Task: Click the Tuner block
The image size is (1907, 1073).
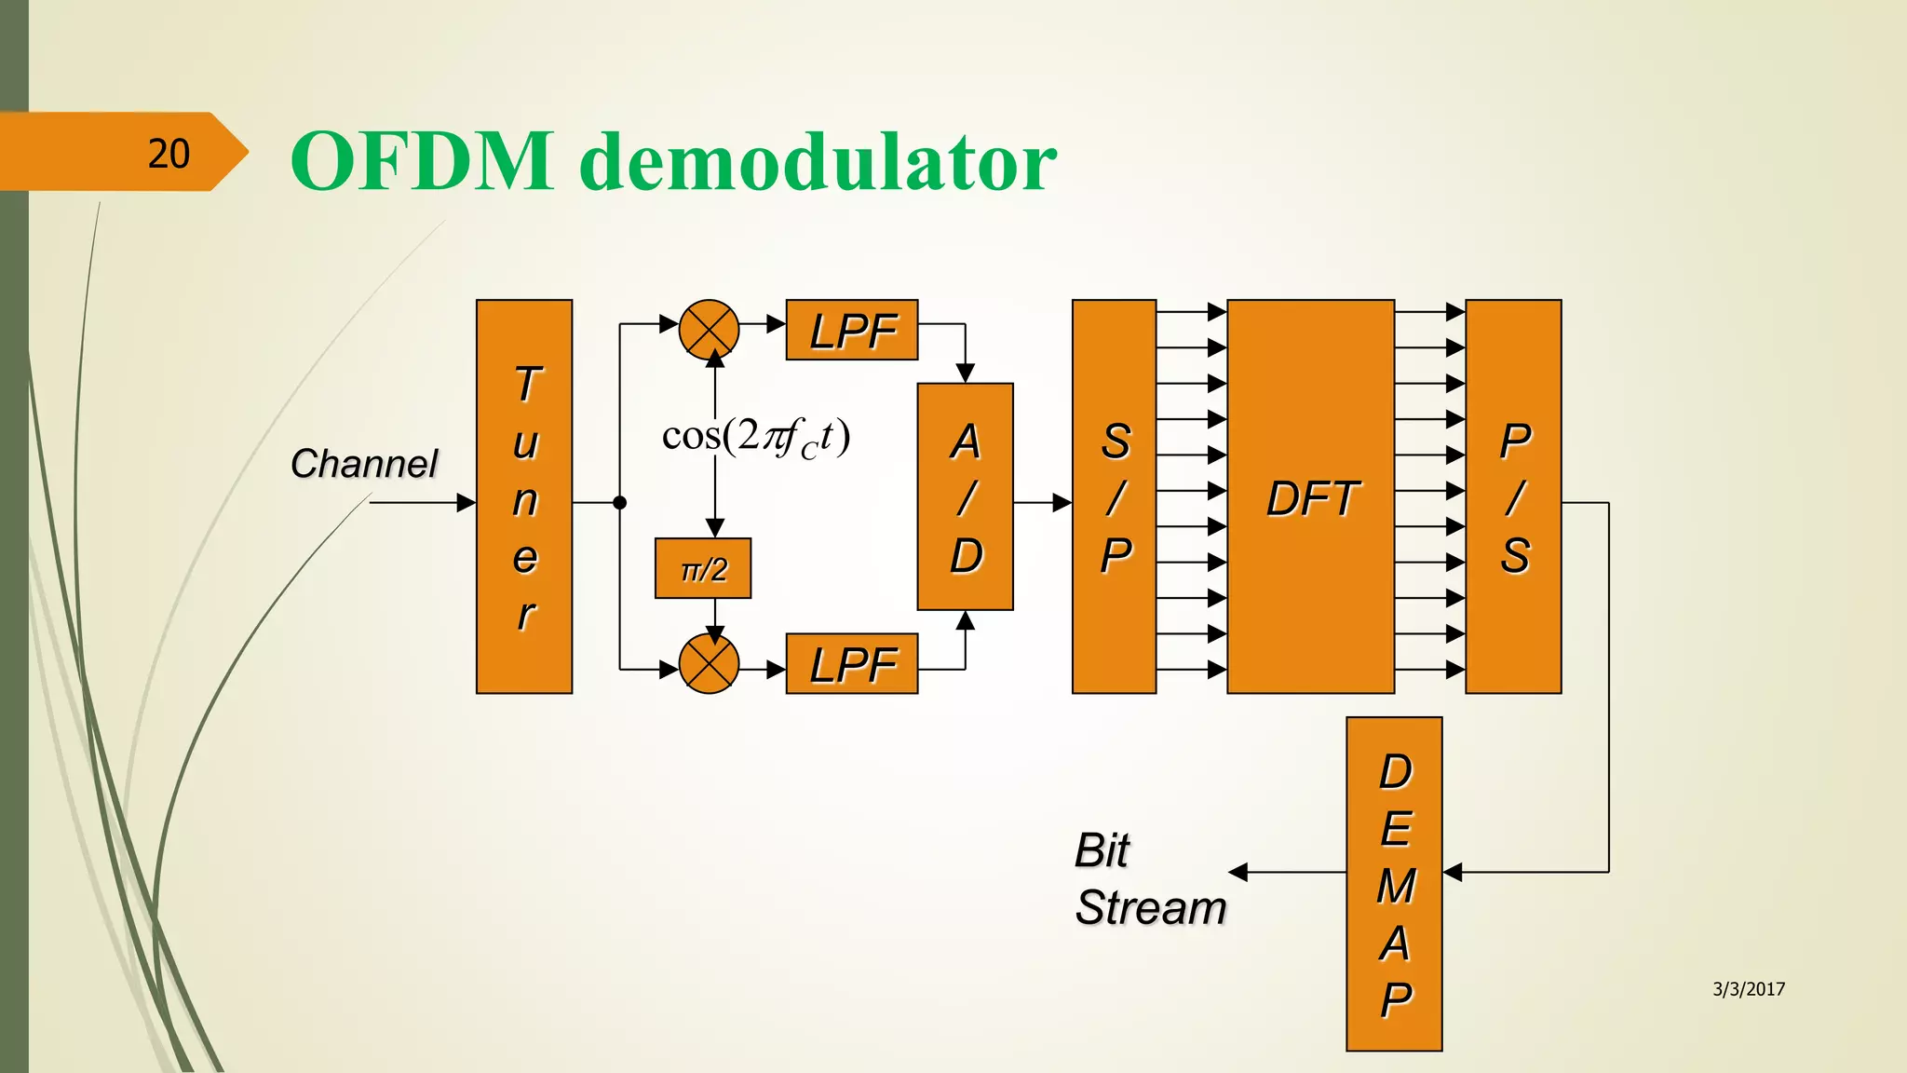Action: pyautogui.click(x=523, y=496)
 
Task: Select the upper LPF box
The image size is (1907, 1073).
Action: pyautogui.click(x=851, y=330)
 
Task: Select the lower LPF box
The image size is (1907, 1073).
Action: pyautogui.click(x=851, y=663)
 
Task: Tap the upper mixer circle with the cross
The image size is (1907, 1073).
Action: pyautogui.click(x=709, y=329)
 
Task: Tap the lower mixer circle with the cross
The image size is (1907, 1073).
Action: pyautogui.click(x=709, y=663)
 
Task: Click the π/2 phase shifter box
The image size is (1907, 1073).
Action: pyautogui.click(x=703, y=568)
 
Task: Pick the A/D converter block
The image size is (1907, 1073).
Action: pyautogui.click(x=965, y=496)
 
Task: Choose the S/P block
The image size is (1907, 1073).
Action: pyautogui.click(x=1114, y=496)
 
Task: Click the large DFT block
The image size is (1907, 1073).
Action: pyautogui.click(x=1310, y=496)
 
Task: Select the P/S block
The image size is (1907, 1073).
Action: pyautogui.click(x=1513, y=496)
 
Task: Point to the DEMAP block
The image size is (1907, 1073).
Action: pyautogui.click(x=1394, y=884)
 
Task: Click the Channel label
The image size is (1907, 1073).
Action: pyautogui.click(x=363, y=463)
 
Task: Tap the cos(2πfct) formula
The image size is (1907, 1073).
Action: pyautogui.click(x=755, y=436)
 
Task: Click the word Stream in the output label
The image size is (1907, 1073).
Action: pyautogui.click(x=1151, y=907)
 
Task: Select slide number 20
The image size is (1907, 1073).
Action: pyautogui.click(x=169, y=153)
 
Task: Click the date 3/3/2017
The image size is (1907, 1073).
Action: pyautogui.click(x=1749, y=989)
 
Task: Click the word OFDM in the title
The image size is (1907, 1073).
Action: pyautogui.click(x=422, y=161)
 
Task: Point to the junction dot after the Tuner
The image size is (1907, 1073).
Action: pyautogui.click(x=620, y=503)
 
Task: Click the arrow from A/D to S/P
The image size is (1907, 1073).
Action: pyautogui.click(x=1043, y=503)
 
